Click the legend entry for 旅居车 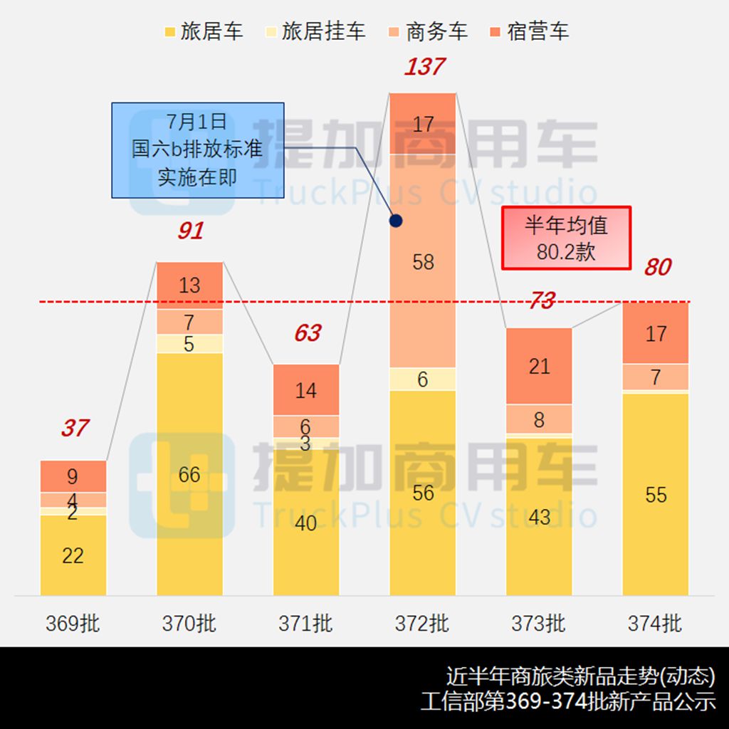[x=204, y=32]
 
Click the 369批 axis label [x=73, y=624]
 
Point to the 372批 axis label [x=422, y=624]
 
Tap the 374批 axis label [x=655, y=624]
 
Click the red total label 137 [x=424, y=67]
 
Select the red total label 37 [x=74, y=428]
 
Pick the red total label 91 [x=190, y=231]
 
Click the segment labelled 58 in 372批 [x=423, y=261]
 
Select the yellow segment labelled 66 [x=189, y=474]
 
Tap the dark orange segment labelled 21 [x=539, y=366]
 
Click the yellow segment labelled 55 [x=655, y=494]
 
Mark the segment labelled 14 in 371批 [x=306, y=390]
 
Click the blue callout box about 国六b [x=197, y=150]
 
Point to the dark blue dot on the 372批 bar [x=397, y=221]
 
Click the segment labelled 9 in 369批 [x=73, y=476]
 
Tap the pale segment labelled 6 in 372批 [x=423, y=379]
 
